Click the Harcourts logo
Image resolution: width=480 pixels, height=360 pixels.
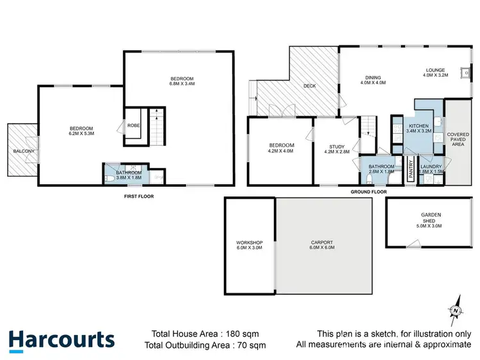tap(61, 339)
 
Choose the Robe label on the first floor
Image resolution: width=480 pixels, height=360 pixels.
tap(134, 125)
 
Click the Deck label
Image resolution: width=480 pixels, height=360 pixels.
tap(310, 86)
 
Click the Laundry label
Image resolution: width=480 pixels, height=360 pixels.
tap(431, 167)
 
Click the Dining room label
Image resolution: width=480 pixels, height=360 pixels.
tap(373, 78)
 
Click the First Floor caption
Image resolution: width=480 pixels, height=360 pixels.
tap(140, 196)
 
